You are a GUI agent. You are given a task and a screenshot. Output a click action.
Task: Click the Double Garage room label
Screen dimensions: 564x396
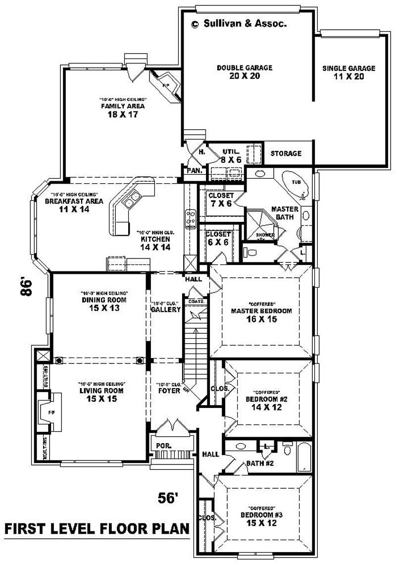point(245,72)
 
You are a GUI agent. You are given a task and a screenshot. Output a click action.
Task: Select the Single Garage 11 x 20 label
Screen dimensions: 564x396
point(348,72)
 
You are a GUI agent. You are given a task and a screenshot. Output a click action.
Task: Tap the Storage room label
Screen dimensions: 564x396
point(286,154)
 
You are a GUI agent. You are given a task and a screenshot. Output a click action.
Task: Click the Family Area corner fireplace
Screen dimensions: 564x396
point(165,83)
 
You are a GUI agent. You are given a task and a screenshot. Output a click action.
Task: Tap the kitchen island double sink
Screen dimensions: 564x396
point(132,201)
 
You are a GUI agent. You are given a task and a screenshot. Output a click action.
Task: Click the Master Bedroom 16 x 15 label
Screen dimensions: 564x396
point(261,315)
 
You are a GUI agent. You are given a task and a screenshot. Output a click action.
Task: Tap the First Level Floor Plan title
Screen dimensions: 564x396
point(97,529)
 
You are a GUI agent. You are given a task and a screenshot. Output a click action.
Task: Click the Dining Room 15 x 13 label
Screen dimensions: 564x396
point(104,304)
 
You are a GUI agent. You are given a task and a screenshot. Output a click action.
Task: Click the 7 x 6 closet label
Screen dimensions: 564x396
point(220,199)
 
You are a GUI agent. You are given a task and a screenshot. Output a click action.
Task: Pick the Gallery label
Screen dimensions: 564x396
point(165,309)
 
